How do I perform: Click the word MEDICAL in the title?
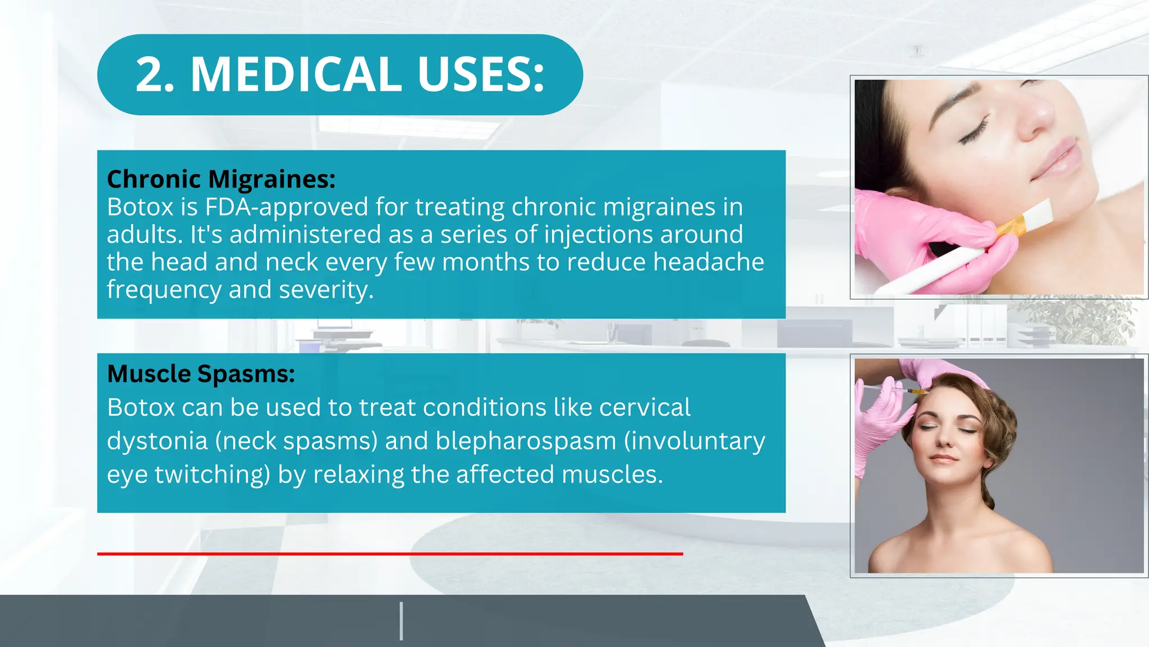(x=296, y=74)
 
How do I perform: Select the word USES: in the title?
(x=481, y=74)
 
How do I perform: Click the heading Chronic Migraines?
(x=221, y=179)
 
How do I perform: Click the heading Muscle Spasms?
(x=201, y=374)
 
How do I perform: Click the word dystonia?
(x=157, y=441)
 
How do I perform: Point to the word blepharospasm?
(x=526, y=441)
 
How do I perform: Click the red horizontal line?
(x=390, y=554)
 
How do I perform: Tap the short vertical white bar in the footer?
(x=401, y=621)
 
